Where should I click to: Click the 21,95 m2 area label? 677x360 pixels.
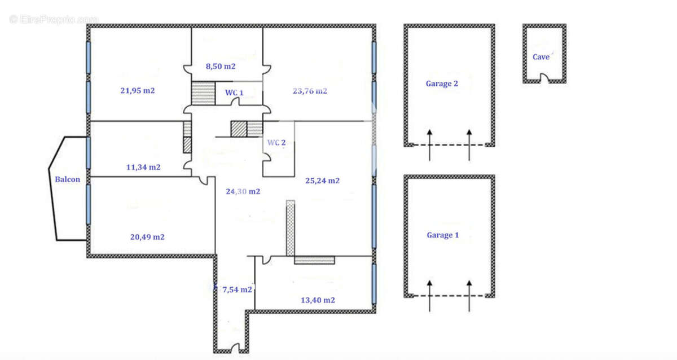coord(138,90)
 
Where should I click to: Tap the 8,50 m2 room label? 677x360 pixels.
coord(221,66)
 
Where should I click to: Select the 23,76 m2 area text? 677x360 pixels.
coord(310,90)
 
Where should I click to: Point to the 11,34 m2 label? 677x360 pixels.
coord(143,167)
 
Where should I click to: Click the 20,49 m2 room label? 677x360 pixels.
coord(147,237)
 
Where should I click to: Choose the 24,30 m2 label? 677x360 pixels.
coord(243,191)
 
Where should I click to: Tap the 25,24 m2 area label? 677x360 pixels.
coord(322,181)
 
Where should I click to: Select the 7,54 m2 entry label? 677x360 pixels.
coord(237,289)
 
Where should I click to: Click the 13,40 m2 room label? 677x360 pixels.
coord(318,300)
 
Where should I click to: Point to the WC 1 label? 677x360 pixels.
coord(234,93)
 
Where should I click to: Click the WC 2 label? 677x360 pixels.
coord(276,143)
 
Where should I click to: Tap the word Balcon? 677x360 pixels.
coord(67,180)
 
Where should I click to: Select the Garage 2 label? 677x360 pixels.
coord(442,84)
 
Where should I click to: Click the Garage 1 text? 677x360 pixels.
coord(442,235)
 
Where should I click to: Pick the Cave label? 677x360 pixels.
coord(541,57)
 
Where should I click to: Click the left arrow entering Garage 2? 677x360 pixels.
coord(429,144)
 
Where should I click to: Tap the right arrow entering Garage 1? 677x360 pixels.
coord(469,295)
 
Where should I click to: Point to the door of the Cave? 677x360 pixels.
coord(544,79)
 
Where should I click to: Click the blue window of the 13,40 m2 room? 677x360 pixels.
coord(373,284)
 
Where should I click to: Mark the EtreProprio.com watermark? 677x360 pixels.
coord(54,19)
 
